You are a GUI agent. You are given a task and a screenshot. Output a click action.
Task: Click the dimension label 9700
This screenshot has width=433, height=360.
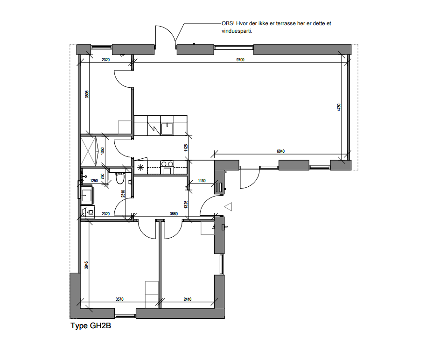click(x=240, y=60)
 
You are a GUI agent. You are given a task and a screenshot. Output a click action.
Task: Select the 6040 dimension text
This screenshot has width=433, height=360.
click(x=280, y=151)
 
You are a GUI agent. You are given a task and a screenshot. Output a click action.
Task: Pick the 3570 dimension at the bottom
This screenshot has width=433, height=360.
click(x=119, y=299)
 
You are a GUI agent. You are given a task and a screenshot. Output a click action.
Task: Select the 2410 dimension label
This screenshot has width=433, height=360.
click(x=188, y=299)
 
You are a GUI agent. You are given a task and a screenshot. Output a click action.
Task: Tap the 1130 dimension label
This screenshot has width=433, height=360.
click(x=202, y=181)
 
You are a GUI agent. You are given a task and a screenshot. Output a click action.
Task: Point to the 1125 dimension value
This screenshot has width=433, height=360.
click(x=186, y=148)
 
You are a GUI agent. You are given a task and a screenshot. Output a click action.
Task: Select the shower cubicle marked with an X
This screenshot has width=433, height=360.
click(x=90, y=150)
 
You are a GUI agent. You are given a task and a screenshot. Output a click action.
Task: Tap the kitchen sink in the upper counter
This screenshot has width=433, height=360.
click(x=167, y=127)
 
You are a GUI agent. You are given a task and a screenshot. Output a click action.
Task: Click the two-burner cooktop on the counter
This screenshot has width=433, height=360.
click(x=167, y=163)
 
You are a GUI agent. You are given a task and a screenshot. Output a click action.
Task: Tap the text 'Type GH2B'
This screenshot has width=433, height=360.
click(x=91, y=326)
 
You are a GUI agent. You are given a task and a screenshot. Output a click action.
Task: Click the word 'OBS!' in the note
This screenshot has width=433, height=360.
click(x=228, y=23)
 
